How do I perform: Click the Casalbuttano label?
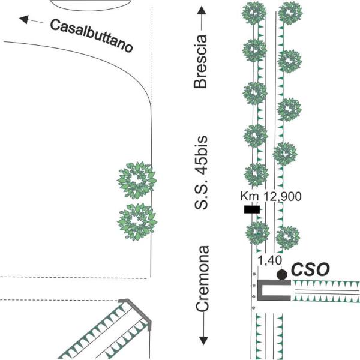coord(91,35)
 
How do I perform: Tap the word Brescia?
coord(200,62)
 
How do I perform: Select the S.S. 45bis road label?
coord(201,173)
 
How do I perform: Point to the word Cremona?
coord(203,278)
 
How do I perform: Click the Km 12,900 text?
coord(271,197)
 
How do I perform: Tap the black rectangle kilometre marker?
coord(252,209)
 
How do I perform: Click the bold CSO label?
coord(310,269)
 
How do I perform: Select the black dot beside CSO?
coord(282,274)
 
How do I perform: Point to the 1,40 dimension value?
coord(269,260)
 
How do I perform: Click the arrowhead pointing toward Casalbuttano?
coord(24,19)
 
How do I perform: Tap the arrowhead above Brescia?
coord(202,11)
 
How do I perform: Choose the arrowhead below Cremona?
coord(203,341)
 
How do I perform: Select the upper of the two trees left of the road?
coord(137,180)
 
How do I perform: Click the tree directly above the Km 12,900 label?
coord(256,175)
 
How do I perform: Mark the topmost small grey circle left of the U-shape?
coord(254,274)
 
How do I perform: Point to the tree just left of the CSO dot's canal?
coord(257,233)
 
